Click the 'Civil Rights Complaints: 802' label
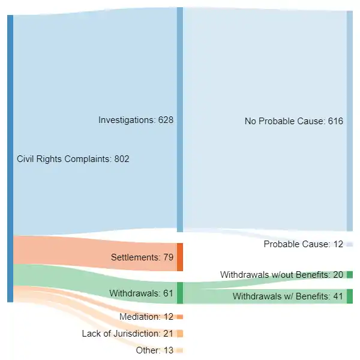click(x=73, y=159)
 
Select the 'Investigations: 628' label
click(x=136, y=120)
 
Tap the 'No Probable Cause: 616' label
click(x=293, y=121)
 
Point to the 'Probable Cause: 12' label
click(x=303, y=244)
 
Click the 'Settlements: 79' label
click(x=142, y=257)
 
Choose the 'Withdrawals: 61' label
click(x=141, y=293)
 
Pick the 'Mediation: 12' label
click(x=146, y=317)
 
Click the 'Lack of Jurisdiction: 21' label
click(x=127, y=334)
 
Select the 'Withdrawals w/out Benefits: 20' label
click(x=281, y=275)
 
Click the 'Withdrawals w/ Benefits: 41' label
click(x=287, y=296)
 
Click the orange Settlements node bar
click(x=180, y=257)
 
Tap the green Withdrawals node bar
click(x=180, y=293)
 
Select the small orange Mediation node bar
click(x=180, y=317)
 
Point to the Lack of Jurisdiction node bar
click(x=180, y=334)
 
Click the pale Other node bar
click(x=180, y=350)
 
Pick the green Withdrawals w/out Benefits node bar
click(x=350, y=275)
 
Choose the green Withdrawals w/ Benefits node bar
click(x=350, y=296)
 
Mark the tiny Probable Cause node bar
click(x=350, y=244)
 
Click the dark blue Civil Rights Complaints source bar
click(x=10, y=158)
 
